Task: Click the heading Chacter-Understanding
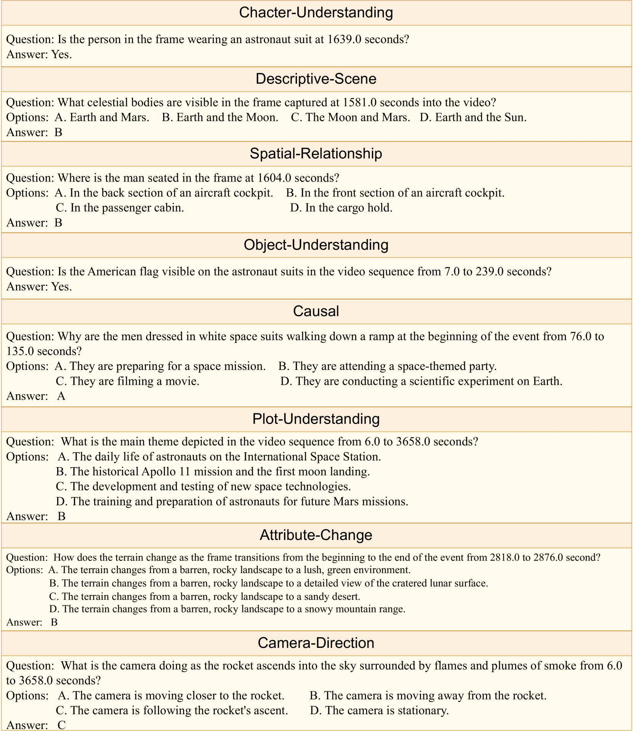[x=316, y=13]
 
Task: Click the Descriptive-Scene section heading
[x=316, y=79]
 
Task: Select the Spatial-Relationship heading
[x=316, y=153]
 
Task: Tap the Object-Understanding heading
[x=316, y=245]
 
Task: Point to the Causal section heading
[x=316, y=311]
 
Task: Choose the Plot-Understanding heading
[x=316, y=419]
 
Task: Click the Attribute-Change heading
[x=316, y=535]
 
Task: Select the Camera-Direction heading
[x=316, y=643]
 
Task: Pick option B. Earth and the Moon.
[x=220, y=117]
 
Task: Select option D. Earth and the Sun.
[x=473, y=117]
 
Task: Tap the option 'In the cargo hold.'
[x=341, y=208]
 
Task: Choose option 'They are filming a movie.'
[x=128, y=381]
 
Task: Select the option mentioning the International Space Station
[x=220, y=457]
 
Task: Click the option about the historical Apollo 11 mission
[x=213, y=472]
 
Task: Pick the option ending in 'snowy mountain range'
[x=228, y=609]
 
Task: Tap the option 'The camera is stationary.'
[x=380, y=710]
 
